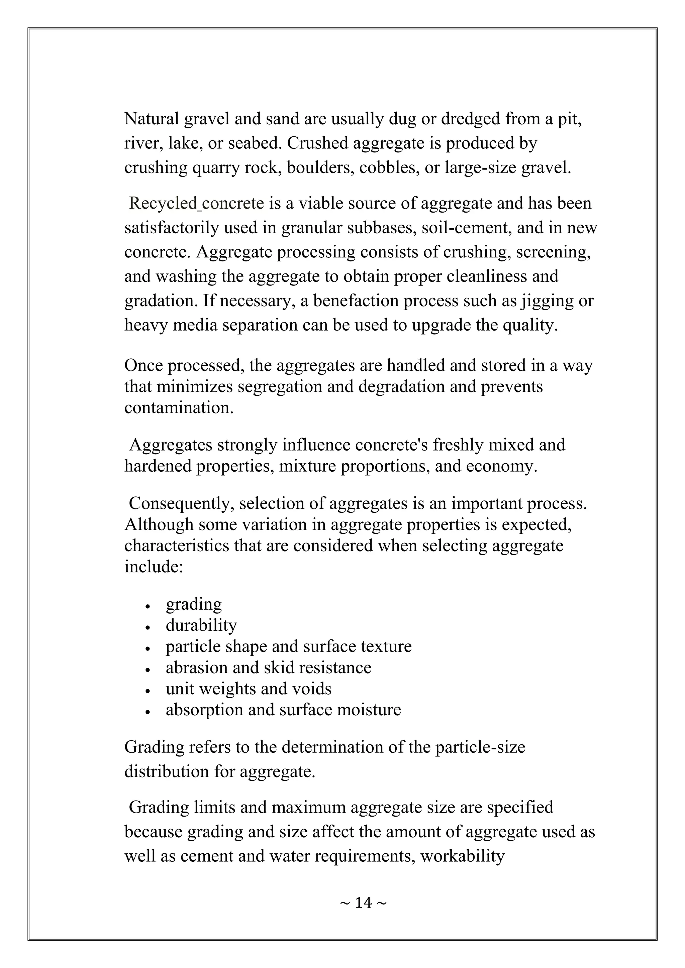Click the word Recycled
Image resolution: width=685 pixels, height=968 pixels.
pos(163,203)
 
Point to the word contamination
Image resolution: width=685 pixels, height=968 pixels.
pos(179,408)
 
